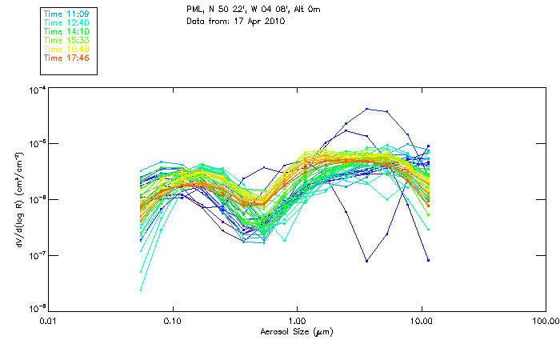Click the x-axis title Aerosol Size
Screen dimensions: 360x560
click(297, 331)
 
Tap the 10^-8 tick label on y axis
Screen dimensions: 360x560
click(36, 309)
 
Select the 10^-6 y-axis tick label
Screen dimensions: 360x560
click(36, 199)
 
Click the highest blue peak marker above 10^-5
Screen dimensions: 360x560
click(366, 109)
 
